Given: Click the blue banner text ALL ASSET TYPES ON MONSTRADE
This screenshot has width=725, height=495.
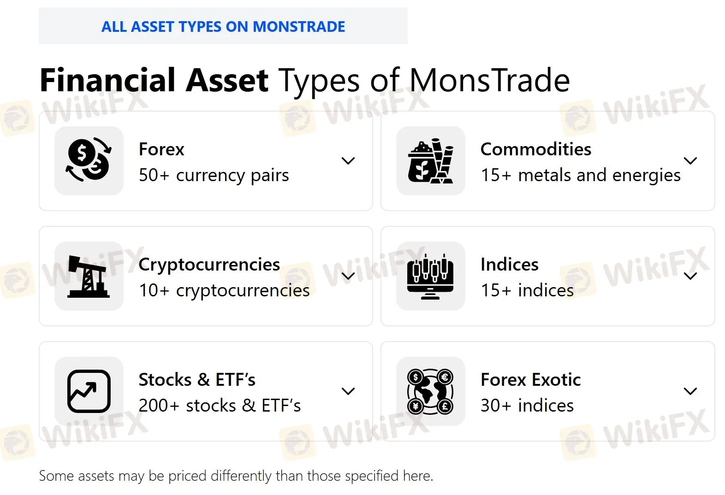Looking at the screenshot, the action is [223, 27].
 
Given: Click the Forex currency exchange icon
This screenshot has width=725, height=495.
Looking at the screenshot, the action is [89, 160].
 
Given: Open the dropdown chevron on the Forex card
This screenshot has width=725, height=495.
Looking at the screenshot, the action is [348, 160].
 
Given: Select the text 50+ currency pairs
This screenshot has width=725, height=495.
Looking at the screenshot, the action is [214, 175].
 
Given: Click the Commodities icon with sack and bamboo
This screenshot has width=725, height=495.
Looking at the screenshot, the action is [430, 161].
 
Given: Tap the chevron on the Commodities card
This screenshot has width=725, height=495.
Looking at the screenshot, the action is [690, 160].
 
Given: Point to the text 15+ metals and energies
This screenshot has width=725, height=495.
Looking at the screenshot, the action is [581, 175].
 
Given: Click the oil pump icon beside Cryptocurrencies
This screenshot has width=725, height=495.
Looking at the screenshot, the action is [89, 276].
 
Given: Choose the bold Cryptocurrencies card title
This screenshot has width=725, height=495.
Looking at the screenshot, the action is [209, 265].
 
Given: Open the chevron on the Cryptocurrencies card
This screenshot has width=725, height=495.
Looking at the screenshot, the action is [348, 276].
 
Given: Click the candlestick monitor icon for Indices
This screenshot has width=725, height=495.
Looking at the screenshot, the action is [430, 277].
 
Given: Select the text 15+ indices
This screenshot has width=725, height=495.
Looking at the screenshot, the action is [527, 290].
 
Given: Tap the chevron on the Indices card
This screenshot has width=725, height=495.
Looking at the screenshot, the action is [690, 276].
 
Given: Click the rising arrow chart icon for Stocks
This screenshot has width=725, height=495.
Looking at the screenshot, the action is [89, 391].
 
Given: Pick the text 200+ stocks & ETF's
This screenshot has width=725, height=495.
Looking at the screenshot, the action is [220, 406].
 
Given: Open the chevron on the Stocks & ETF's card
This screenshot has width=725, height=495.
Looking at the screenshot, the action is [348, 391].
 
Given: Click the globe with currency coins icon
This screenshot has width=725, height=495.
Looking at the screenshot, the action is [430, 391].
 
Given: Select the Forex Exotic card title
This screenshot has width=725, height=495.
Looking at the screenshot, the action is [531, 379].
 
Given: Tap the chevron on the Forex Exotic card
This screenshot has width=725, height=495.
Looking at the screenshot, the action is [690, 391].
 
